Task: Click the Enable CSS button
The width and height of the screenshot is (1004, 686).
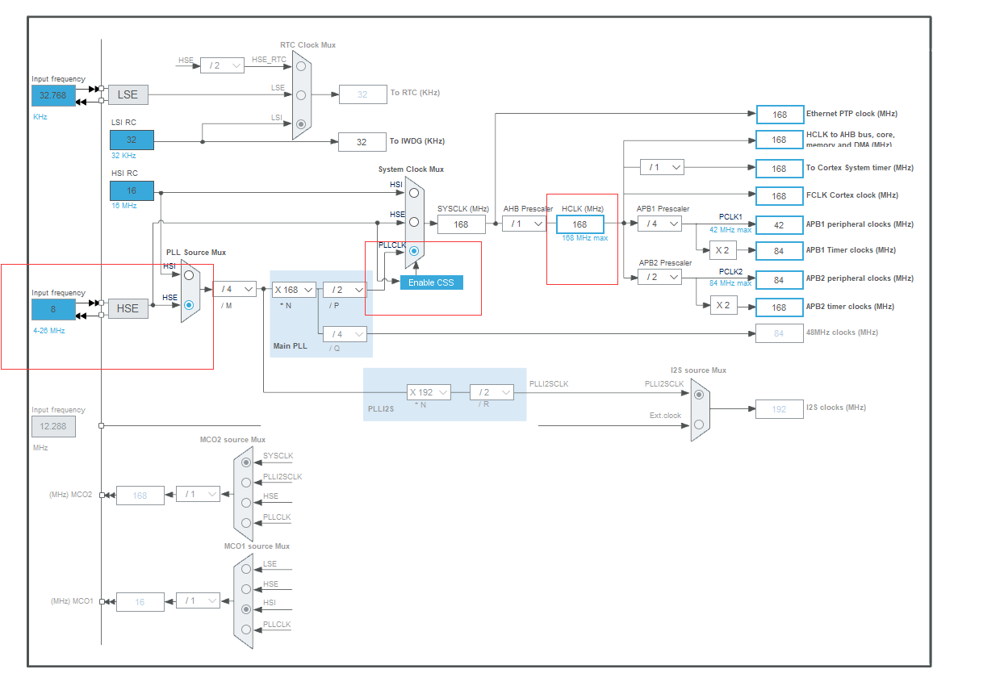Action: pyautogui.click(x=431, y=282)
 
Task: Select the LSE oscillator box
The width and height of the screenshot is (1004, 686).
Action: pyautogui.click(x=128, y=94)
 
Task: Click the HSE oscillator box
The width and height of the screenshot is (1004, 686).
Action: pyautogui.click(x=128, y=308)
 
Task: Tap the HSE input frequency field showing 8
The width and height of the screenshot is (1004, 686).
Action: pyautogui.click(x=53, y=308)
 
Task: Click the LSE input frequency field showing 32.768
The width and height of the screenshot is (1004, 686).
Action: pyautogui.click(x=53, y=95)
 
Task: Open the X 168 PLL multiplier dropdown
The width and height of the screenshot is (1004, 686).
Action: pyautogui.click(x=293, y=290)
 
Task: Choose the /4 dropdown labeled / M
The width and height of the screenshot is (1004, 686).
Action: pyautogui.click(x=234, y=289)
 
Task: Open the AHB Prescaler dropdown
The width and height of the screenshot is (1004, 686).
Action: pyautogui.click(x=524, y=224)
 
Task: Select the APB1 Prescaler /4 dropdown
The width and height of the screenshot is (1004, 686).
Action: pyautogui.click(x=659, y=224)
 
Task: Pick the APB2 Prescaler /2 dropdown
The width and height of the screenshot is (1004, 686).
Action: pyautogui.click(x=659, y=278)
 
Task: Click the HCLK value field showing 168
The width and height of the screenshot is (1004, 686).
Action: pyautogui.click(x=579, y=224)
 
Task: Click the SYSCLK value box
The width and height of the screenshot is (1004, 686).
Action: pyautogui.click(x=461, y=224)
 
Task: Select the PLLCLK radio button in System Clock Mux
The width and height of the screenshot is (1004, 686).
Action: pyautogui.click(x=414, y=251)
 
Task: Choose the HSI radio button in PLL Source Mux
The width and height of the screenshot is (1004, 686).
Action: pyautogui.click(x=189, y=274)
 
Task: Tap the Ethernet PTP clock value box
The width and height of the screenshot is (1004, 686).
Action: pyautogui.click(x=780, y=115)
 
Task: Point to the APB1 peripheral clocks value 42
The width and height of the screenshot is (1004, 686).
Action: pyautogui.click(x=780, y=225)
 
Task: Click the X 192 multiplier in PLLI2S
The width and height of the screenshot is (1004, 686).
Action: pyautogui.click(x=428, y=392)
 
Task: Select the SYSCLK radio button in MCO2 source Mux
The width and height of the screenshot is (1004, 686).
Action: pyautogui.click(x=246, y=462)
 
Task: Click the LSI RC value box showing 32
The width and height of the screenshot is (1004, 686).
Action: pyautogui.click(x=132, y=140)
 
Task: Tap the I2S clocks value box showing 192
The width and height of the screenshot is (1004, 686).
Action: pyautogui.click(x=779, y=409)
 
